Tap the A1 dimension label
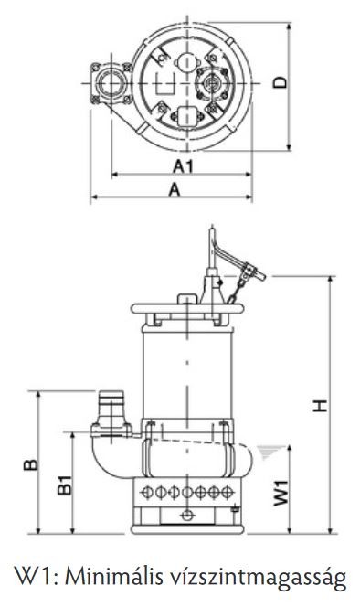click(183, 166)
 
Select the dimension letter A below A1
click(175, 190)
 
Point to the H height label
click(320, 406)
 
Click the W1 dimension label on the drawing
click(281, 493)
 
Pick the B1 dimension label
click(65, 485)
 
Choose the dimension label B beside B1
click(31, 464)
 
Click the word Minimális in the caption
click(114, 578)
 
